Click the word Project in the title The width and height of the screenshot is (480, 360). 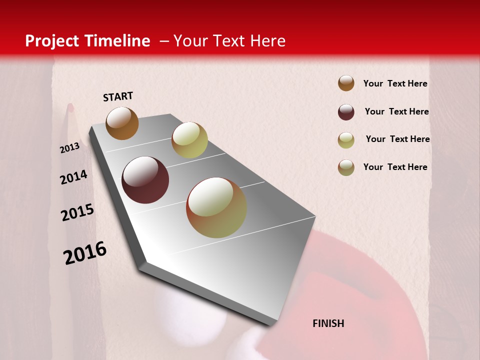click(52, 41)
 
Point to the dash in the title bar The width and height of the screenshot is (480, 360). click(164, 41)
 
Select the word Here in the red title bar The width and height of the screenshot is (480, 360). click(267, 41)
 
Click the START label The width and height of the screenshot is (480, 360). click(118, 96)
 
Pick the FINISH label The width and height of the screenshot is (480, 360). click(328, 323)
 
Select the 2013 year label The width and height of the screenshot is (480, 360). click(69, 148)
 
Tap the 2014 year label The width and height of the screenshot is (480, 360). click(73, 177)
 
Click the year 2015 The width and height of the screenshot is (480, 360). click(77, 212)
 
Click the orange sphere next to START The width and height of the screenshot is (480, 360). click(122, 123)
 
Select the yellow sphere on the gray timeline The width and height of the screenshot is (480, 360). click(189, 140)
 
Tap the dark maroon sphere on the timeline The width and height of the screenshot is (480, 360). click(145, 180)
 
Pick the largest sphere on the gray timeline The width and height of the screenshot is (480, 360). click(216, 207)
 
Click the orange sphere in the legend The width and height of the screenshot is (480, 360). click(346, 83)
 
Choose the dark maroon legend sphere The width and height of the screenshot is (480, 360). click(346, 112)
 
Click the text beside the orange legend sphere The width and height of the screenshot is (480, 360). click(395, 83)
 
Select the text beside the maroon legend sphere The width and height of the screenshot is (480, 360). click(396, 111)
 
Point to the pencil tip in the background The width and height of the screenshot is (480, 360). click(70, 107)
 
